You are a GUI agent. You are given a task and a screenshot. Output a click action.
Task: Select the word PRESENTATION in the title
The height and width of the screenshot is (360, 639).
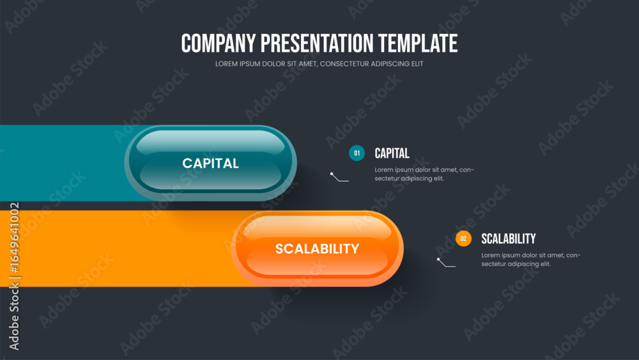pos(317,43)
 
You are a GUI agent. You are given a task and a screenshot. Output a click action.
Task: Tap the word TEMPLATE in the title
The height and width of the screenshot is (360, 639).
pos(418,43)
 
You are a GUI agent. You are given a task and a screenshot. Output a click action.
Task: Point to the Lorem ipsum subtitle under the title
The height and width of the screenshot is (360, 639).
pos(319,63)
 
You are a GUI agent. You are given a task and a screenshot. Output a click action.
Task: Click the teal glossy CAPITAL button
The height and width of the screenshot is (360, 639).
pos(210,162)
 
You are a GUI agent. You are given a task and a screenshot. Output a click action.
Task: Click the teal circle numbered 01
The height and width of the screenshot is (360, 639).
pos(357,153)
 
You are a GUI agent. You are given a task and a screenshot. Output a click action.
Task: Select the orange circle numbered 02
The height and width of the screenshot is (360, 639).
pos(463,239)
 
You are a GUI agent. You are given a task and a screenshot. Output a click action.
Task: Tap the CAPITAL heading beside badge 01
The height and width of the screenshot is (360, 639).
pos(392,153)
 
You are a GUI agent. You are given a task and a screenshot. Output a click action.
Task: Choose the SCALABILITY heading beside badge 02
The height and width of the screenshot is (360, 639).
pos(508,239)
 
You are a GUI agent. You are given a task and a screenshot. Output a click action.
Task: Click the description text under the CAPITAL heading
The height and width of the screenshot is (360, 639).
pos(424,174)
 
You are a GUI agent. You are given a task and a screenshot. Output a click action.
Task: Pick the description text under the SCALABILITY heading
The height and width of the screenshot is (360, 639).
pos(530,260)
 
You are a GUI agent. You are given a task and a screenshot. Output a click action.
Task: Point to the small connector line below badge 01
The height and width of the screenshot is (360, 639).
pos(340,177)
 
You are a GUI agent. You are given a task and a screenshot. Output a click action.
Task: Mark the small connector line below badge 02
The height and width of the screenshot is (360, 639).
pos(447,263)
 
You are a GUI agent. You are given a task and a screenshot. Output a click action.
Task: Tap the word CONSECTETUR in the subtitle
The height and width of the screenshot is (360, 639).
pos(344,63)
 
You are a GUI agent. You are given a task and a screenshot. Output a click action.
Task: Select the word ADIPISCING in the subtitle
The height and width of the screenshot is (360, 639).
pos(390,63)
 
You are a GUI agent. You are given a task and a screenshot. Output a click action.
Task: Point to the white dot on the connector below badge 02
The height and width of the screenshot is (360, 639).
pos(438,260)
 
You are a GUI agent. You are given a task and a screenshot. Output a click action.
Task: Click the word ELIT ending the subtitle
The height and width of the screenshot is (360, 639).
pos(418,63)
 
